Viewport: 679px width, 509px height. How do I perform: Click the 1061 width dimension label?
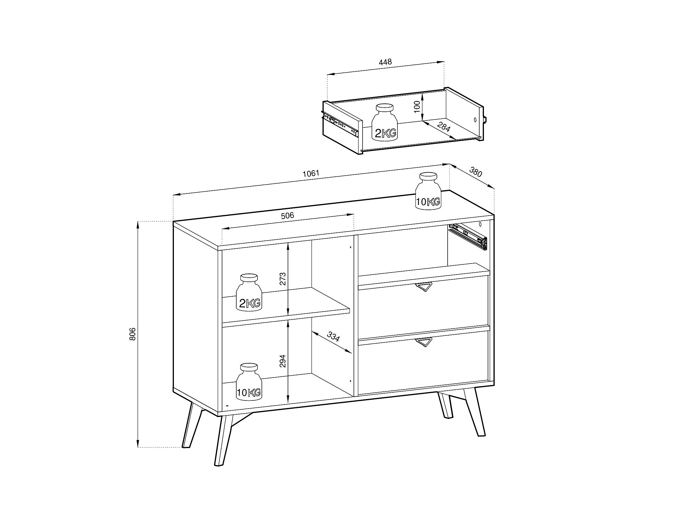click(311, 174)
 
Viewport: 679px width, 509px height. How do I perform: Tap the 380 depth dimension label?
click(476, 172)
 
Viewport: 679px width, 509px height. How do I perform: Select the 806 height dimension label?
click(132, 334)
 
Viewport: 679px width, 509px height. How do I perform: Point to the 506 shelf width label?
click(287, 216)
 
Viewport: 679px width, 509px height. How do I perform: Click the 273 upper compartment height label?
click(283, 279)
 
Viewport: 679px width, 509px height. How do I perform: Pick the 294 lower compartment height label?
click(283, 361)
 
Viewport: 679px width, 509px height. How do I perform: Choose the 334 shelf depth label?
click(333, 337)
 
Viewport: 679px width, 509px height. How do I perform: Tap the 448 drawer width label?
click(385, 62)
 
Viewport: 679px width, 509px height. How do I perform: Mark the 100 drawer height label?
click(417, 107)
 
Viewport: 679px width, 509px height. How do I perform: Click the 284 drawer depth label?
click(444, 127)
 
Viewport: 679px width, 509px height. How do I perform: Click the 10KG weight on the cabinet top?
click(428, 191)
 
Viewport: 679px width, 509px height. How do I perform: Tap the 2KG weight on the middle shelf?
click(249, 293)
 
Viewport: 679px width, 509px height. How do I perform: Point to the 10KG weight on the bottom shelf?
click(249, 382)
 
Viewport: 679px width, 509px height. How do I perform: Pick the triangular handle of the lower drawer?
click(424, 342)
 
